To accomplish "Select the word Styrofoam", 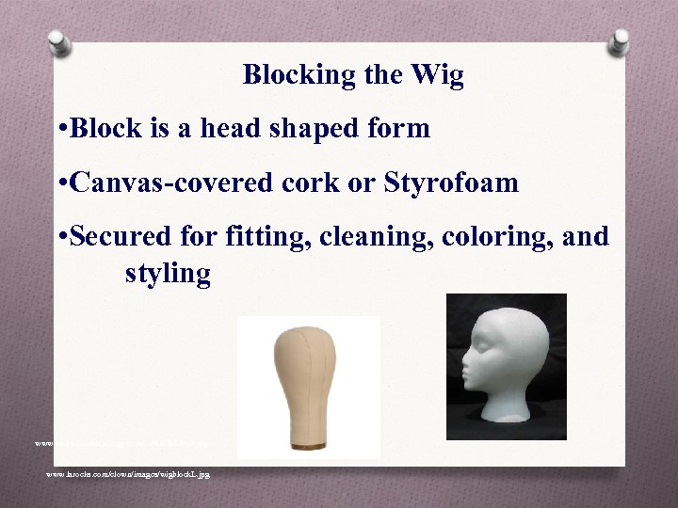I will point(451,182).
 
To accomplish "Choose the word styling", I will point(168,274).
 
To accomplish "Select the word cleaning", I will point(380,236).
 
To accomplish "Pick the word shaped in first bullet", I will point(304,128).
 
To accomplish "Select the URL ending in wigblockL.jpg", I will point(128,474).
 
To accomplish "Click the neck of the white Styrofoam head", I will point(513,395).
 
